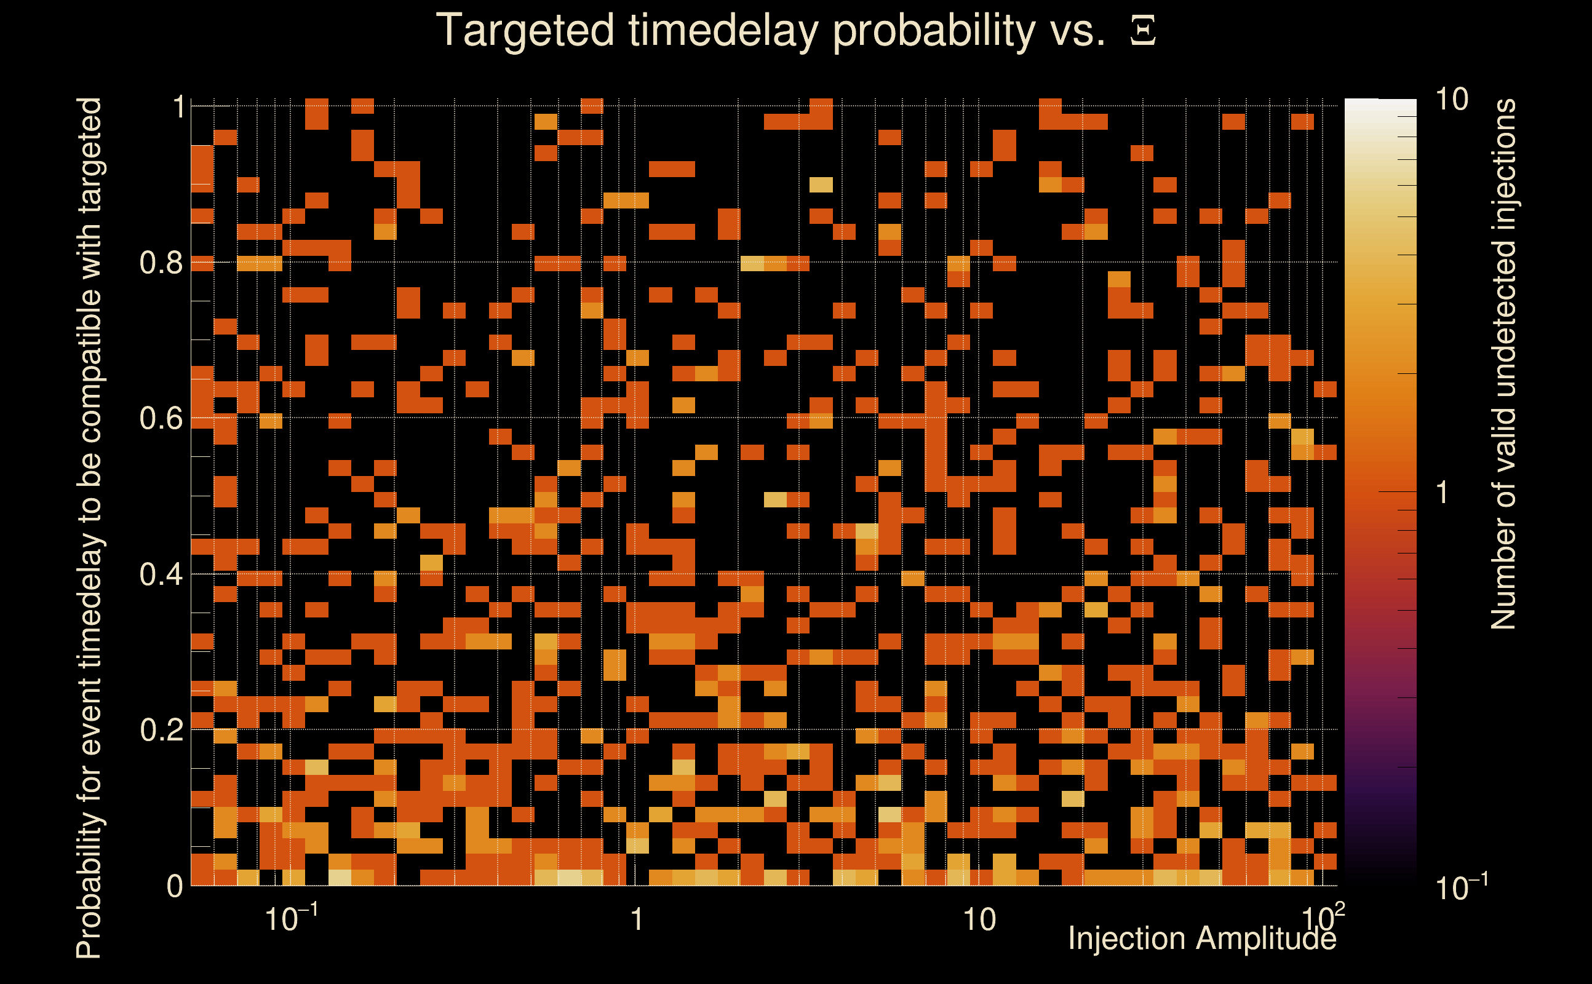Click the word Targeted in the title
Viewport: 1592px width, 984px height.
(525, 31)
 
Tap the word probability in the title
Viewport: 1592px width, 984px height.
(934, 31)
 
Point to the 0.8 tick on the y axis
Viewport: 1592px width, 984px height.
(161, 263)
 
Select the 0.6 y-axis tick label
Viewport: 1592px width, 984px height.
(161, 418)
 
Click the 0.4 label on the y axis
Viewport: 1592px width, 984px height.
(161, 574)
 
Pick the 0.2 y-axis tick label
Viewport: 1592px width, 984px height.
(161, 730)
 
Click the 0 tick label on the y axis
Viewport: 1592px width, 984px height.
(175, 886)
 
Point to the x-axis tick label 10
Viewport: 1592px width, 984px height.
(979, 920)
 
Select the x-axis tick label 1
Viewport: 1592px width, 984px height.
(637, 920)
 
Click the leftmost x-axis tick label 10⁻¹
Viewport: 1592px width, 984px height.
(292, 918)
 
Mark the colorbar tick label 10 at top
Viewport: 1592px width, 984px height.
(1451, 100)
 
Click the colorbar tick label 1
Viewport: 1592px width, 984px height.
(1443, 493)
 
